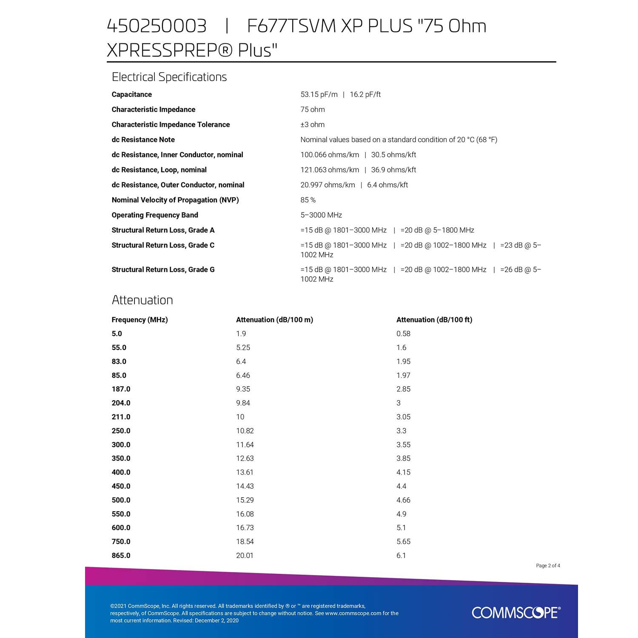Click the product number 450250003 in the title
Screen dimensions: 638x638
coord(157,26)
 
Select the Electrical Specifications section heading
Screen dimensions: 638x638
coord(169,77)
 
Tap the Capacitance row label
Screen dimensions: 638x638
coord(131,94)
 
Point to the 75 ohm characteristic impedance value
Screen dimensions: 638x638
coord(313,109)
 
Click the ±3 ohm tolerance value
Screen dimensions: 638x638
coord(312,125)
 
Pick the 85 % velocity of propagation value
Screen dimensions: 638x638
coord(308,200)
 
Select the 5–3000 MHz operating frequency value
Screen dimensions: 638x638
coord(321,215)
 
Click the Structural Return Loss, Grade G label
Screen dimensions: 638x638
coord(163,270)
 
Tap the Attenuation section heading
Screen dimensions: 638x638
coord(142,300)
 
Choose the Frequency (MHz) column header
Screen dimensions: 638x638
coord(140,320)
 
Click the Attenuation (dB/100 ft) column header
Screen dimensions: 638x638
coord(434,320)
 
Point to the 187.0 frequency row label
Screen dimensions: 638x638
coord(121,389)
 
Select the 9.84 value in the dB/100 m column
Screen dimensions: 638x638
coord(243,403)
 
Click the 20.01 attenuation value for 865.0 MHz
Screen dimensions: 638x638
coord(245,555)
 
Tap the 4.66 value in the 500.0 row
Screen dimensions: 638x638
coord(403,500)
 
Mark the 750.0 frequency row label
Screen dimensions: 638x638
coord(121,541)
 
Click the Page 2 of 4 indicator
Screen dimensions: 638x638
coord(548,566)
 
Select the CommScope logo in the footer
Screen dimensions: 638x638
coord(516,612)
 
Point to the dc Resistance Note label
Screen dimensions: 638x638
coord(143,140)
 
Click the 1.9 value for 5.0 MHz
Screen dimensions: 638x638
coord(241,334)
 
